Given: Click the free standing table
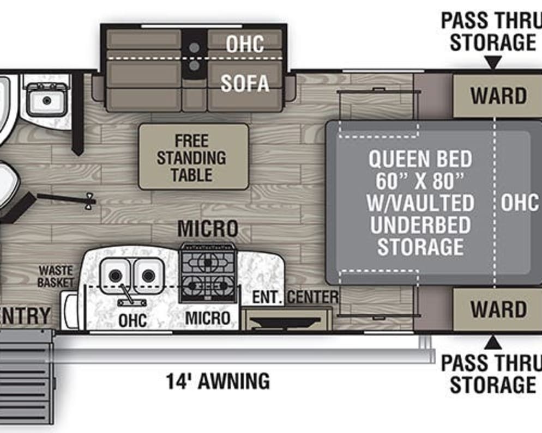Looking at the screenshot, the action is (x=193, y=157).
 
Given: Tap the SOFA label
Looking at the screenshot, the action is (x=245, y=83).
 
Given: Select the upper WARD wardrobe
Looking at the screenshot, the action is (x=497, y=96).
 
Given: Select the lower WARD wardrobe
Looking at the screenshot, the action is (x=497, y=309).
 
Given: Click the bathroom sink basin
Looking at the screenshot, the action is (x=46, y=100).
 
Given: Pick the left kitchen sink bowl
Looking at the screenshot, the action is (x=116, y=275).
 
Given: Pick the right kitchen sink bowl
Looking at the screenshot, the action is (x=148, y=275).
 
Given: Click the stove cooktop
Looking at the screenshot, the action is (x=208, y=273).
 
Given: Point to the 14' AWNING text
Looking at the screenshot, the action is (x=218, y=381).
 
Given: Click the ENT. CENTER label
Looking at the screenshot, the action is (x=295, y=297).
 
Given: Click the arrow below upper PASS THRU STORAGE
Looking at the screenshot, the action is (x=493, y=62).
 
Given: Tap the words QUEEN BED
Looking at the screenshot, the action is (x=420, y=159).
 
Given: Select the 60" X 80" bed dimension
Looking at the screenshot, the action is (x=420, y=181).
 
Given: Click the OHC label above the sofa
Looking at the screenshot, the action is (x=245, y=44).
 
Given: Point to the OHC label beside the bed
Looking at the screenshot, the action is (x=519, y=203).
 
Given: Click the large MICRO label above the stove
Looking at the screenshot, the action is (x=208, y=229).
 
